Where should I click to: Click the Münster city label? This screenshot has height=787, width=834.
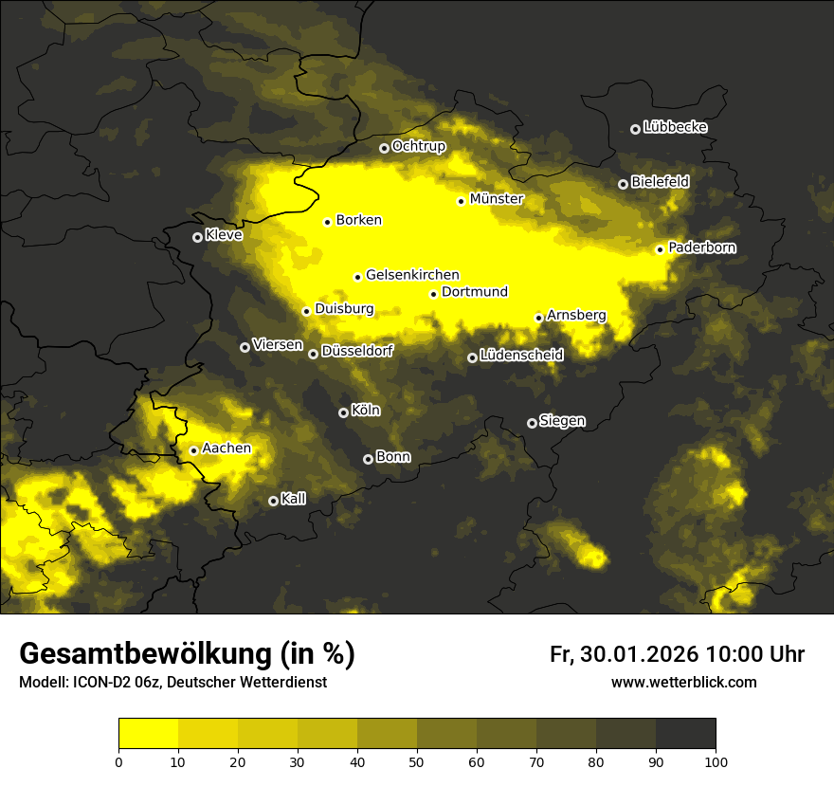point(497,199)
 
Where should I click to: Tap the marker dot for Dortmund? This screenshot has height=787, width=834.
point(433,294)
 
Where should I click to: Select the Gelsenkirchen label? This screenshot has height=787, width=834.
point(412,275)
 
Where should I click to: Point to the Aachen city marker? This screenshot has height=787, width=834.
point(193,450)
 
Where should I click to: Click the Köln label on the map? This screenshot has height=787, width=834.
point(366,411)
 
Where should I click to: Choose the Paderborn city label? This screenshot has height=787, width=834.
point(702,247)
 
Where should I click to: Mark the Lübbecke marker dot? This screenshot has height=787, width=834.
point(635,129)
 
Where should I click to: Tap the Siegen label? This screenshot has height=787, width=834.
point(563,421)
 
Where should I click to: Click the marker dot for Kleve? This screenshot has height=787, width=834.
point(197,237)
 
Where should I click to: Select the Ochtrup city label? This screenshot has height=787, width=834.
point(419,146)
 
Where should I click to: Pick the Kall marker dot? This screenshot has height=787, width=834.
point(273,501)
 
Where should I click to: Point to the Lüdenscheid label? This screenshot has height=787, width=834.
point(522,356)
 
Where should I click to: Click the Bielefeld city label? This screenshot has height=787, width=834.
point(661,182)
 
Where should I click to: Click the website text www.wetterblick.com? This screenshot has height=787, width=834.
point(683,682)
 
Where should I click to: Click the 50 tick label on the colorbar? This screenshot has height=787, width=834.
point(417,760)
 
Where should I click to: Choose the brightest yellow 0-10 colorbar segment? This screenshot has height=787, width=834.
point(148,734)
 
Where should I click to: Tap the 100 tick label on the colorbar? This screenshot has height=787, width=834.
point(716,760)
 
